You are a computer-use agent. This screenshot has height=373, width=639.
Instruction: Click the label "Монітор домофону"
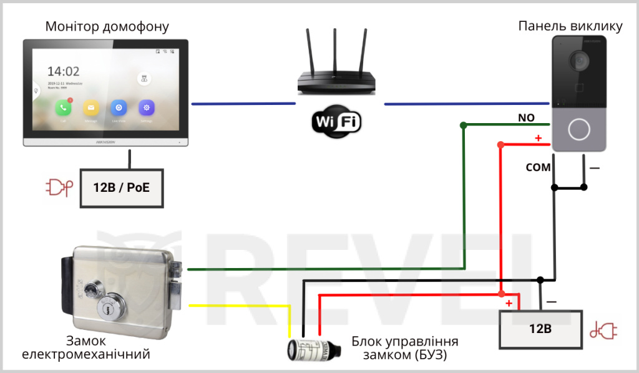(107, 27)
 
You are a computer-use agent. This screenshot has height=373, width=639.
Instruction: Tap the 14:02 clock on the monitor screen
(64, 71)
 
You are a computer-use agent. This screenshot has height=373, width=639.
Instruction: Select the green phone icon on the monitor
(63, 107)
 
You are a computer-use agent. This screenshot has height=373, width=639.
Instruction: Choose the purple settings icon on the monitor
(147, 107)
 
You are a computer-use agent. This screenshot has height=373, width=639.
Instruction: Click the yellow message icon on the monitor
(91, 107)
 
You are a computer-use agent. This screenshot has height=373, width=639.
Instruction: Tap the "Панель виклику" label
(570, 26)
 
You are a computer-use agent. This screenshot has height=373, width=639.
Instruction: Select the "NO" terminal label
(527, 117)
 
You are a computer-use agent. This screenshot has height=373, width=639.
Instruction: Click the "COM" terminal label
(538, 167)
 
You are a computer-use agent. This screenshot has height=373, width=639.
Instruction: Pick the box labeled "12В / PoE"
(122, 187)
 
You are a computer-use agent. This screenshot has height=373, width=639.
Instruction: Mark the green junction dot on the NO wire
(463, 126)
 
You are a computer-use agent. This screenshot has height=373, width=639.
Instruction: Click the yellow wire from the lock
(237, 306)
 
